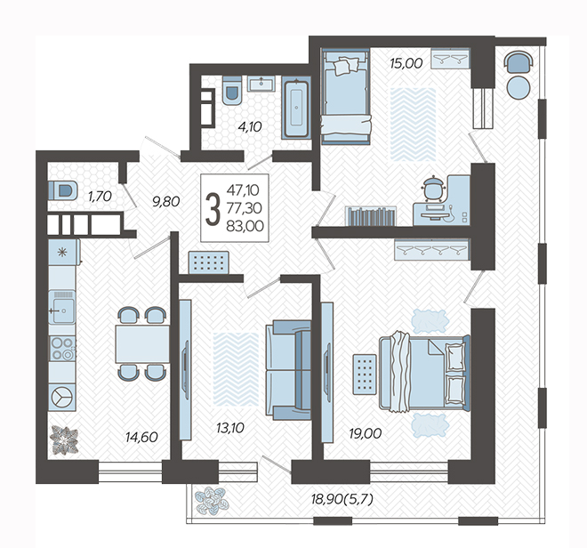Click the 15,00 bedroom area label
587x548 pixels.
[406, 63]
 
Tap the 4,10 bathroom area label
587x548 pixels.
[250, 127]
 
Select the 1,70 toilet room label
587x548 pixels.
[100, 196]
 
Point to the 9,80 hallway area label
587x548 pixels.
[165, 202]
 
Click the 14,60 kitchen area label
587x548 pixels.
[141, 437]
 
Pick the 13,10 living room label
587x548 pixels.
[230, 427]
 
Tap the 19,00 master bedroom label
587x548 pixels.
[366, 434]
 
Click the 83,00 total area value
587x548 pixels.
[245, 226]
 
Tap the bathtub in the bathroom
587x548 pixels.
[296, 108]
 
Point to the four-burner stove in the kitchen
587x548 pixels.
[62, 349]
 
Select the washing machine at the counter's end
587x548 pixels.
[62, 397]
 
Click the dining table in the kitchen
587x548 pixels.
[142, 344]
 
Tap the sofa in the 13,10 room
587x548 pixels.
[288, 370]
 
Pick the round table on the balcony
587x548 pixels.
[519, 87]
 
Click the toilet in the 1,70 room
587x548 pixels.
[63, 189]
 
